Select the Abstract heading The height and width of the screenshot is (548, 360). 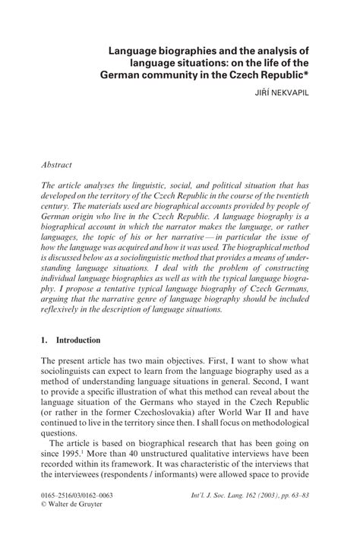59,163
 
